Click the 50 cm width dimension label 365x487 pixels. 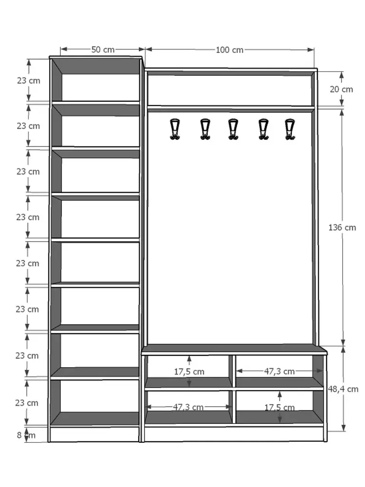pos(102,49)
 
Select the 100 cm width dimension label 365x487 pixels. pos(230,50)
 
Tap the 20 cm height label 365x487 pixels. pos(341,89)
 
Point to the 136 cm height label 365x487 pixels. pos(342,227)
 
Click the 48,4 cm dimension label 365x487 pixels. pos(343,389)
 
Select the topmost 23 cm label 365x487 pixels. pos(28,80)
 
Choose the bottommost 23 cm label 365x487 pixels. pos(27,403)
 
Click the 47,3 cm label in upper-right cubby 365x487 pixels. pos(279,371)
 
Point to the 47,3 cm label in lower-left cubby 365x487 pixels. pos(188,407)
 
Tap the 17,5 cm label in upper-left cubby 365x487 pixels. pos(189,371)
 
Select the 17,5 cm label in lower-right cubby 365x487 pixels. pos(279,408)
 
